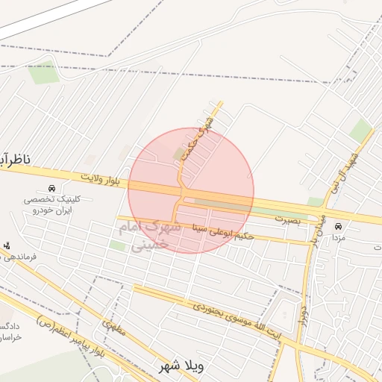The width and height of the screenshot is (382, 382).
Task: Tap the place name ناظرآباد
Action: [x=15, y=159]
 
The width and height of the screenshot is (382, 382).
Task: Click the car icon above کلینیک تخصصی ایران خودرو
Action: [x=51, y=188]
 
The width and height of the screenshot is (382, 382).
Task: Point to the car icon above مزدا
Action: [x=339, y=225]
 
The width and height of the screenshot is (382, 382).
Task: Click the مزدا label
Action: [x=339, y=237]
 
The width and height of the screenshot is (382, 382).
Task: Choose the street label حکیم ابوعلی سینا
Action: [x=223, y=231]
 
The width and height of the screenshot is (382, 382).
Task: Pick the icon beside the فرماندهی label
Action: [x=7, y=245]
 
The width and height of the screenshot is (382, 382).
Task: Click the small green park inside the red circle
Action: [x=179, y=154]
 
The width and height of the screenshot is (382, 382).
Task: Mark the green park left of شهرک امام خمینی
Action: [x=118, y=245]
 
